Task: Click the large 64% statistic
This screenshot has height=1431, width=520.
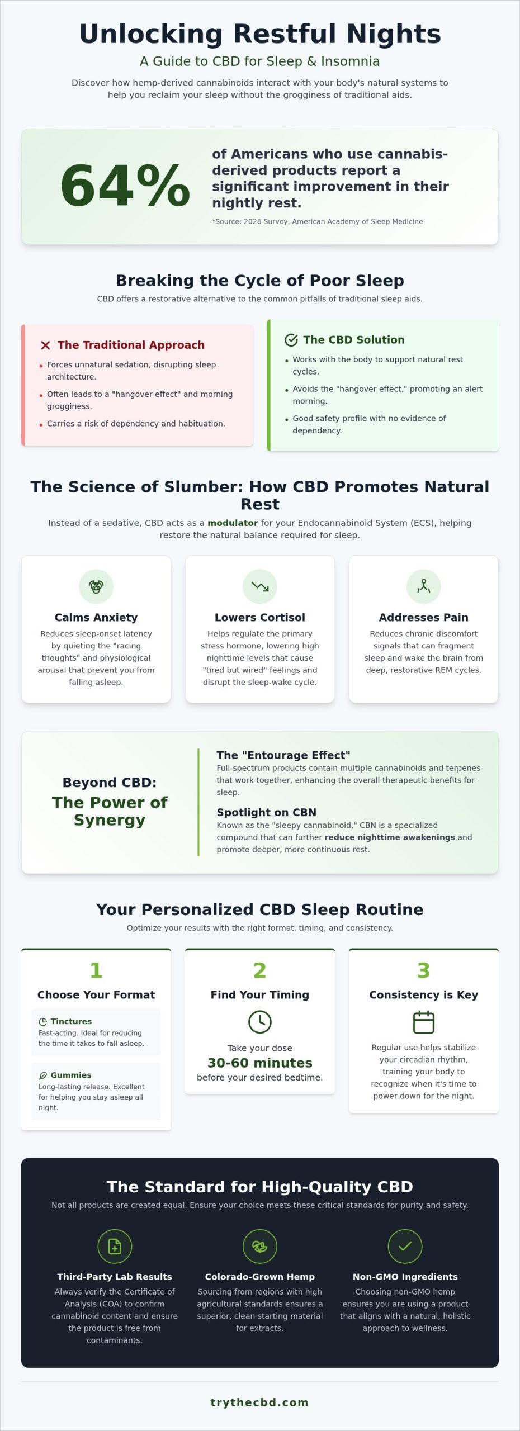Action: pos(125,186)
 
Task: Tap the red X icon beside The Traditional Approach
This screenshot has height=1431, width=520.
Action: pos(45,345)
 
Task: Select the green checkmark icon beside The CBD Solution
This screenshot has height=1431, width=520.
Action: pos(291,340)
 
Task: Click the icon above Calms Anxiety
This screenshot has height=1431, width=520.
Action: pos(96,586)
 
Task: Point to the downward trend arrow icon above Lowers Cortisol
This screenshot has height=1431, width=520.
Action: pos(260,586)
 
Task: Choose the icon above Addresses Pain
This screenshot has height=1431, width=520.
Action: pos(424,586)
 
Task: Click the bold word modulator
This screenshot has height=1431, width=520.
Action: pos(233,523)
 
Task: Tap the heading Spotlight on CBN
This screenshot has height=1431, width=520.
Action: pos(267,812)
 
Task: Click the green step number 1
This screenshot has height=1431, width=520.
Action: pos(96,970)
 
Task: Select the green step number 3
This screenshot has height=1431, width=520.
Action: pos(424,970)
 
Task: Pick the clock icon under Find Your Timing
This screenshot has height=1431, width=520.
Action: pos(260,1022)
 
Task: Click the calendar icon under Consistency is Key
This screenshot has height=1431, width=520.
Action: pos(424,1022)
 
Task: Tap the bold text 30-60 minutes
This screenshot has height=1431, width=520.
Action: pos(260,1063)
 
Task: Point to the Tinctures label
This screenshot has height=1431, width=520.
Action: pos(71,1021)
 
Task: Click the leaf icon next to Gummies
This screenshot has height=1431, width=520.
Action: pos(42,1075)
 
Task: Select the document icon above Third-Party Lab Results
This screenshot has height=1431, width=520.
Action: pos(115,1246)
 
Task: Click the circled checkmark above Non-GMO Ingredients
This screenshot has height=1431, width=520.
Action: pos(405,1246)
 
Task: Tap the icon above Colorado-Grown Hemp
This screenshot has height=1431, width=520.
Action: pos(260,1246)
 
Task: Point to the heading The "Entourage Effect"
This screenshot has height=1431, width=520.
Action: pos(283,755)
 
